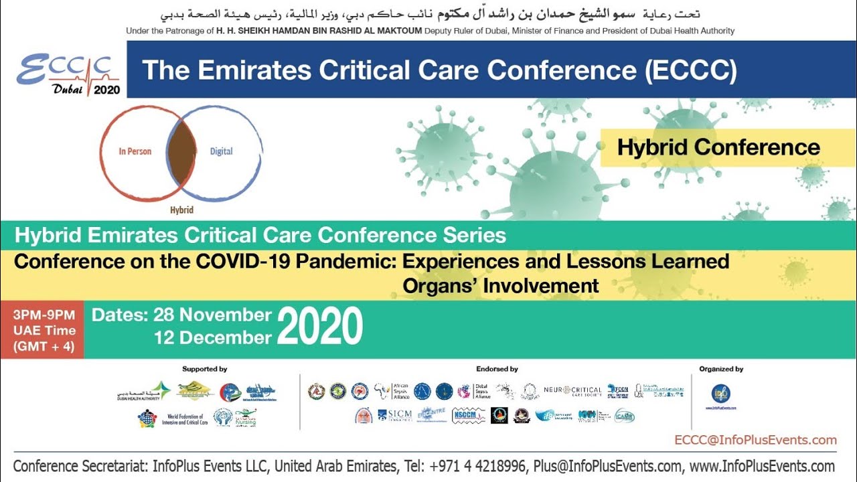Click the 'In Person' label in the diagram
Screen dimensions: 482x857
coord(135,151)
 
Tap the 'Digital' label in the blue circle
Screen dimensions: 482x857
coord(221,151)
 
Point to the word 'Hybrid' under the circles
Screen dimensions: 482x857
coord(181,210)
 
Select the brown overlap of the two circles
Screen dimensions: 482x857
coord(181,152)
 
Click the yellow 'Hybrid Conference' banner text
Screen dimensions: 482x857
coord(718,147)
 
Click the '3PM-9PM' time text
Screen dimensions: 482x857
coord(44,315)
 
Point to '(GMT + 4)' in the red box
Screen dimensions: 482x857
coord(44,347)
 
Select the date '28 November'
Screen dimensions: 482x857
coord(212,315)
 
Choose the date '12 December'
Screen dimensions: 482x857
coord(212,338)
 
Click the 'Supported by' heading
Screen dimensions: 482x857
coord(205,369)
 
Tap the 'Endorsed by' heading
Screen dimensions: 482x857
coord(497,369)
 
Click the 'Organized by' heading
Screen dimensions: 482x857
coord(721,369)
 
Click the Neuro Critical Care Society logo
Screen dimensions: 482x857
coord(572,390)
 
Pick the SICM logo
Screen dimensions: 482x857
coord(394,415)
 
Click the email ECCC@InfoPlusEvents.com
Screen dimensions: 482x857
coord(756,440)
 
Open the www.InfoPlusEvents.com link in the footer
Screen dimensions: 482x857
coord(761,467)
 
